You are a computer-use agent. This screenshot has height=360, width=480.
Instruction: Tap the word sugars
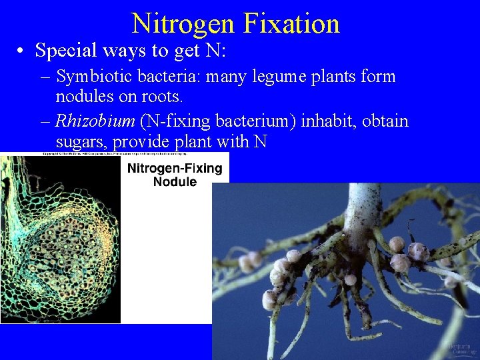(81, 142)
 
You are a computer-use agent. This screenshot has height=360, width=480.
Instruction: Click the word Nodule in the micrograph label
(175, 181)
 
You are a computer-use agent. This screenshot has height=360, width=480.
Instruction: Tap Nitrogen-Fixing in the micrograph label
(175, 167)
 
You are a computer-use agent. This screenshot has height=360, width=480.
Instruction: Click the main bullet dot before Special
(22, 51)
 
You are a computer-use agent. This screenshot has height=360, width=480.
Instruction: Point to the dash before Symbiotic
(46, 77)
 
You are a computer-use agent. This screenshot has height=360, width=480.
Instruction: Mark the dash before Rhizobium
(46, 122)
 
